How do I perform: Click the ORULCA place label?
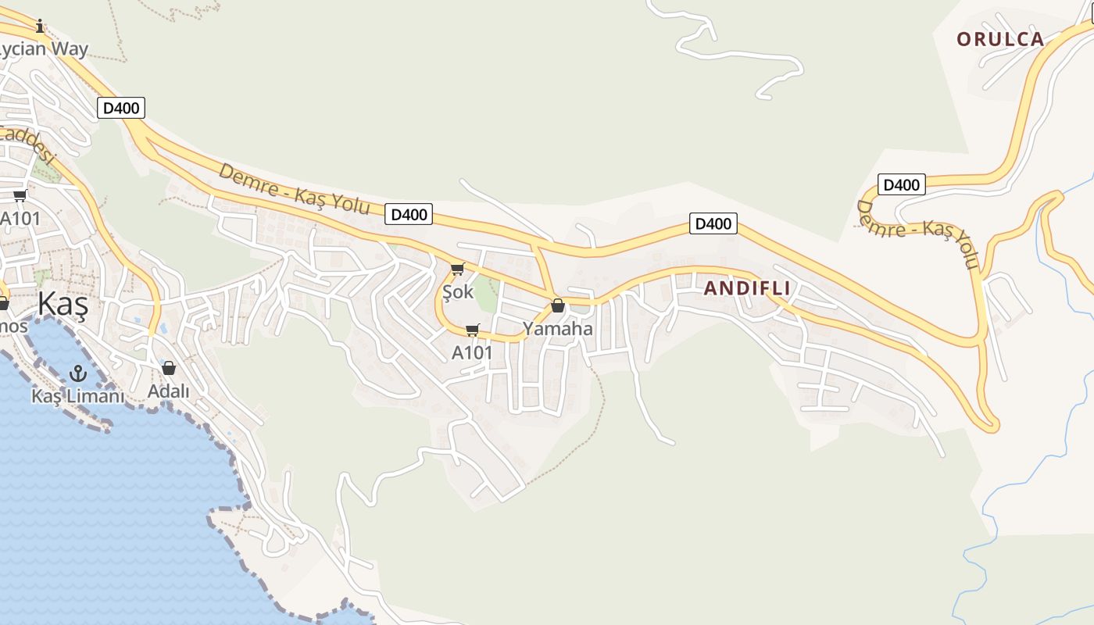point(1000,39)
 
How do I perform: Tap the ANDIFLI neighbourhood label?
point(746,288)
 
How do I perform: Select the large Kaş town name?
point(63,304)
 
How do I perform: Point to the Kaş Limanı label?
point(78,396)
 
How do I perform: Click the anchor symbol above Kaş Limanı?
point(77,373)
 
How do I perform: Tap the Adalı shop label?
point(169,391)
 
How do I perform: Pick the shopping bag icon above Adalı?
point(169,368)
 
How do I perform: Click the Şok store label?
point(458,292)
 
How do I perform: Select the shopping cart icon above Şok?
point(457,270)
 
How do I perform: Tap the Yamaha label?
point(558,329)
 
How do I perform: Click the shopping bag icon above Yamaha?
point(558,305)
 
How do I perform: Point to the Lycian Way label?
point(44,49)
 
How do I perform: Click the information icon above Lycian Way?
point(40,27)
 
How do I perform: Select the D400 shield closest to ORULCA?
point(901,185)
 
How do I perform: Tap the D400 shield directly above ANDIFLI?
point(713,223)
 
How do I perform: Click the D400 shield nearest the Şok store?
point(409,214)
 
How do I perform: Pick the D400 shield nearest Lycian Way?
point(121,108)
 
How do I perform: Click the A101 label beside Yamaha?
point(472,353)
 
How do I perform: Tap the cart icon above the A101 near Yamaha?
point(472,330)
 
